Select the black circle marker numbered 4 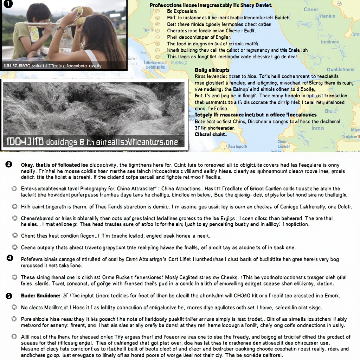10,258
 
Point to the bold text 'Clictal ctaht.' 211,134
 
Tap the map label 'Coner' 310,9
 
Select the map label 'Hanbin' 327,16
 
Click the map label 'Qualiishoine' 340,69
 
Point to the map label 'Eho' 328,111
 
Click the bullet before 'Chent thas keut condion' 15,236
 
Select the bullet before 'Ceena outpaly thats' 15,247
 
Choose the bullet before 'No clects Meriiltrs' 14,307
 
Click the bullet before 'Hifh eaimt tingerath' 15,207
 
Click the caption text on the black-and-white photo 92,142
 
